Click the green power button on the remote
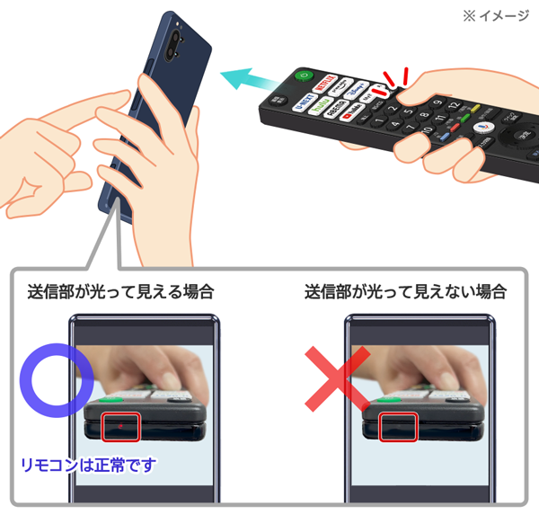[x=303, y=76]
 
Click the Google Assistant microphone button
[x=482, y=129]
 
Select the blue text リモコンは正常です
[x=87, y=465]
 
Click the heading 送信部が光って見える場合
[x=120, y=291]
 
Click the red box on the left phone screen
[x=119, y=425]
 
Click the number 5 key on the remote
[x=407, y=114]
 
